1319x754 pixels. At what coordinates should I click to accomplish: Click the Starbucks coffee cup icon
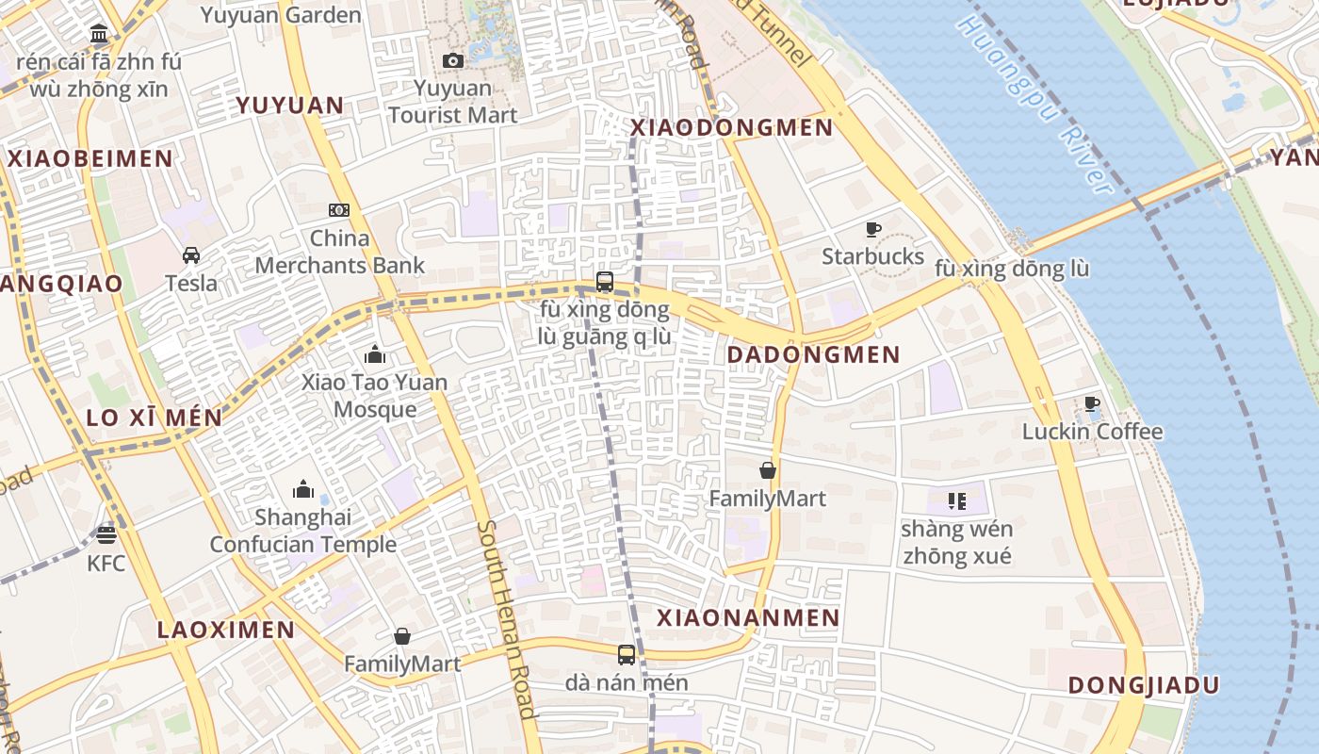pyautogui.click(x=873, y=229)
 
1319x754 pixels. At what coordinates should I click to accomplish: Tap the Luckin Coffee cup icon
pyautogui.click(x=1092, y=404)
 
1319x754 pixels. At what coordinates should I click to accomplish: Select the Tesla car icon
pyautogui.click(x=191, y=255)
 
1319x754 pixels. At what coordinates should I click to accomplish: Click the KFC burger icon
pyautogui.click(x=106, y=535)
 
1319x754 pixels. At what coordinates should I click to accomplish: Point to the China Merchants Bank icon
pyautogui.click(x=339, y=210)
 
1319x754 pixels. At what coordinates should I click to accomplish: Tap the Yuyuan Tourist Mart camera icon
pyautogui.click(x=453, y=61)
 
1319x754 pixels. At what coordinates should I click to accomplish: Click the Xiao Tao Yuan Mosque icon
pyautogui.click(x=375, y=355)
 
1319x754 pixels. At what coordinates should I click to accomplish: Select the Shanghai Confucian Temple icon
pyautogui.click(x=303, y=489)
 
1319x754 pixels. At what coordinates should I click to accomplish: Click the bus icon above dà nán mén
pyautogui.click(x=627, y=654)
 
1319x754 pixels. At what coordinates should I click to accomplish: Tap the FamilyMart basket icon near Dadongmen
pyautogui.click(x=768, y=470)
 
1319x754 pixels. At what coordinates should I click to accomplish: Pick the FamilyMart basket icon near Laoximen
pyautogui.click(x=402, y=636)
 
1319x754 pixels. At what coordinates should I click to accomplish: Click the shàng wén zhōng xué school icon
pyautogui.click(x=957, y=500)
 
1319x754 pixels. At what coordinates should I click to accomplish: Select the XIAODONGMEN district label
pyautogui.click(x=731, y=127)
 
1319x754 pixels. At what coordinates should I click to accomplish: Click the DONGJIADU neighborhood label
pyautogui.click(x=1144, y=685)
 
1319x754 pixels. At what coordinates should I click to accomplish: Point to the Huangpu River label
pyautogui.click(x=1034, y=104)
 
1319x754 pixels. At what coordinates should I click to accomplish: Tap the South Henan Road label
pyautogui.click(x=506, y=619)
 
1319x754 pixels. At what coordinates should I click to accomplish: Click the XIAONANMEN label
pyautogui.click(x=747, y=617)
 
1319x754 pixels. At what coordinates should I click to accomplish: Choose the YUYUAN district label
pyautogui.click(x=289, y=105)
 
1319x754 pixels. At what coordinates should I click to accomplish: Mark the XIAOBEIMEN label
pyautogui.click(x=90, y=158)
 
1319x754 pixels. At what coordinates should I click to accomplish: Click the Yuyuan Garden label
pyautogui.click(x=281, y=15)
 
